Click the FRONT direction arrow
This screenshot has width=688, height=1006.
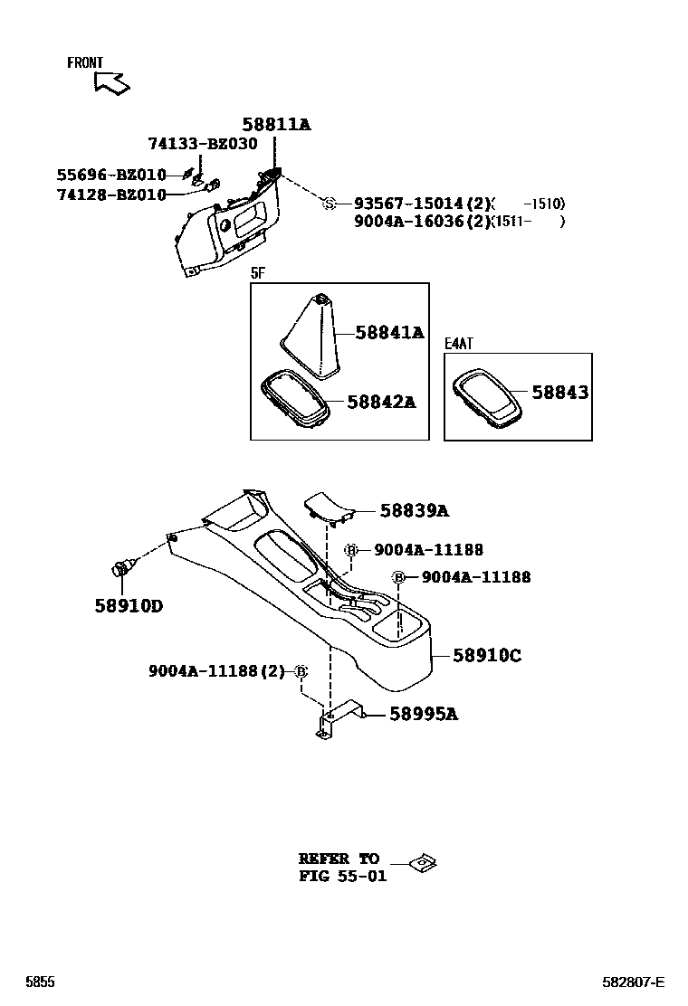pyautogui.click(x=111, y=82)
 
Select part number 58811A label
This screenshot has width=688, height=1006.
pyautogui.click(x=275, y=125)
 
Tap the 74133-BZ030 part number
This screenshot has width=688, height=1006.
pyautogui.click(x=202, y=144)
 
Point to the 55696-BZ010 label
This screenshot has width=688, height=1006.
pyautogui.click(x=111, y=175)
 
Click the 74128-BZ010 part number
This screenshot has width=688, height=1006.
pyautogui.click(x=111, y=195)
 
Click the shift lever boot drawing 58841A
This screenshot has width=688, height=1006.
pyautogui.click(x=312, y=335)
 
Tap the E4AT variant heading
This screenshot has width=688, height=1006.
pyautogui.click(x=459, y=344)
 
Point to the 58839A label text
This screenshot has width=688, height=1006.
pyautogui.click(x=414, y=511)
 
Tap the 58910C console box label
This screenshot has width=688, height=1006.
pyautogui.click(x=486, y=655)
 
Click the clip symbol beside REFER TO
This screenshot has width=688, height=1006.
pyautogui.click(x=422, y=863)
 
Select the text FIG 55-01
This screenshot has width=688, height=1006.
pyautogui.click(x=342, y=876)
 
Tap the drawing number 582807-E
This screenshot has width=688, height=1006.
pyautogui.click(x=634, y=982)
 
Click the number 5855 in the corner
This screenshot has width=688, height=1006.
pyautogui.click(x=40, y=982)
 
